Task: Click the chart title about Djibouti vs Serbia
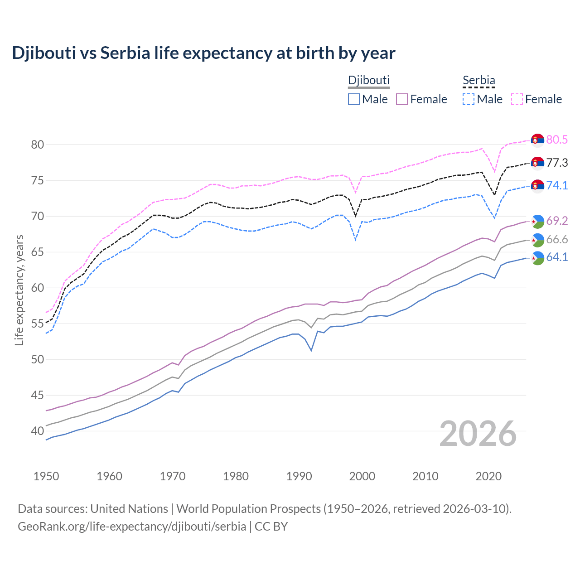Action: coord(203,53)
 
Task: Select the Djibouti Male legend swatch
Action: coord(354,99)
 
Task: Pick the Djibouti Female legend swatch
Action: coord(402,99)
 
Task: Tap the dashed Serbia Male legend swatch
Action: coord(469,99)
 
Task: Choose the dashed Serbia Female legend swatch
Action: coord(517,99)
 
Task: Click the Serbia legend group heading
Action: coord(478,81)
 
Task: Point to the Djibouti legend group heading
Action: coord(368,81)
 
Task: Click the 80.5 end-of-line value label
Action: coord(557,140)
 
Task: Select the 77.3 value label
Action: coord(557,163)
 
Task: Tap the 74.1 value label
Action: coord(557,185)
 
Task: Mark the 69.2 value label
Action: coord(557,221)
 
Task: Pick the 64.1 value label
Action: coord(557,257)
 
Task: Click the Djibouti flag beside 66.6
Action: coord(537,240)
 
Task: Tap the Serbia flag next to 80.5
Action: coord(537,140)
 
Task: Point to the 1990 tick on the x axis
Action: coord(299,476)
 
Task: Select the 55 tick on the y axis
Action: coord(37,324)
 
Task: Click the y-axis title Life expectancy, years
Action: coord(19,290)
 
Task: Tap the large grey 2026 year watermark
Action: coord(478,434)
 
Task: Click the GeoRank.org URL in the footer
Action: coord(132,527)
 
